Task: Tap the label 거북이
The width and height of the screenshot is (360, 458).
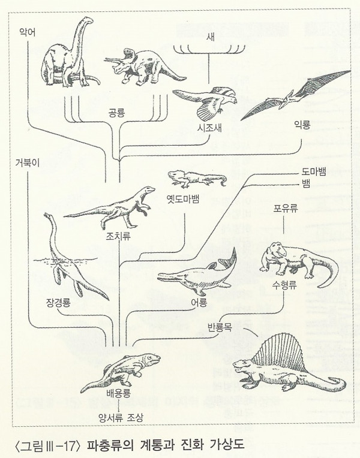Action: (x=28, y=162)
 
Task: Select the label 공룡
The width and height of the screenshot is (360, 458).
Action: (x=116, y=112)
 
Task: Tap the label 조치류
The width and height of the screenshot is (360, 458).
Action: (x=118, y=236)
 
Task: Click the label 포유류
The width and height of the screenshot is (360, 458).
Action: (x=287, y=207)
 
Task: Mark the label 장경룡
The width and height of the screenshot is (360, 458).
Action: (x=57, y=301)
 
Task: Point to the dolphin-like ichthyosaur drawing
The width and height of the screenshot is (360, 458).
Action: (x=196, y=274)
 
